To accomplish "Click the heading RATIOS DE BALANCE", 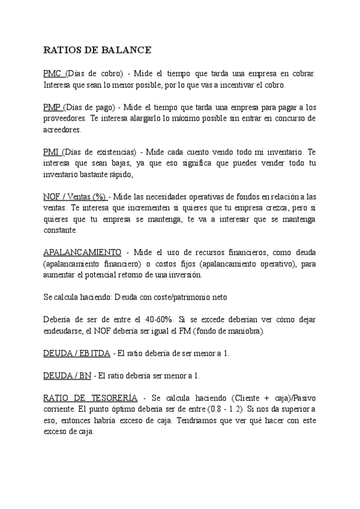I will coord(97,50).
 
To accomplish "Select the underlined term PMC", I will coord(53,74).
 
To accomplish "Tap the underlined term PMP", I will coord(53,107).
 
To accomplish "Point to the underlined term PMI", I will coord(52,152).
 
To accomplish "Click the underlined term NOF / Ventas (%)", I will coord(75,197).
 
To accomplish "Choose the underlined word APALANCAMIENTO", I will coord(82,252).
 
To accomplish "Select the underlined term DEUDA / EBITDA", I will coord(77,354).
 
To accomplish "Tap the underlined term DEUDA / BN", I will coord(67,376).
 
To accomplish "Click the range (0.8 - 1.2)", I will coord(227,409).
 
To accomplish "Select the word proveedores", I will coord(64,119).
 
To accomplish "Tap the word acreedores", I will coord(62,130).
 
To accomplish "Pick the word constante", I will coord(60,230).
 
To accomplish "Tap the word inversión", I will coord(184,275).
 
